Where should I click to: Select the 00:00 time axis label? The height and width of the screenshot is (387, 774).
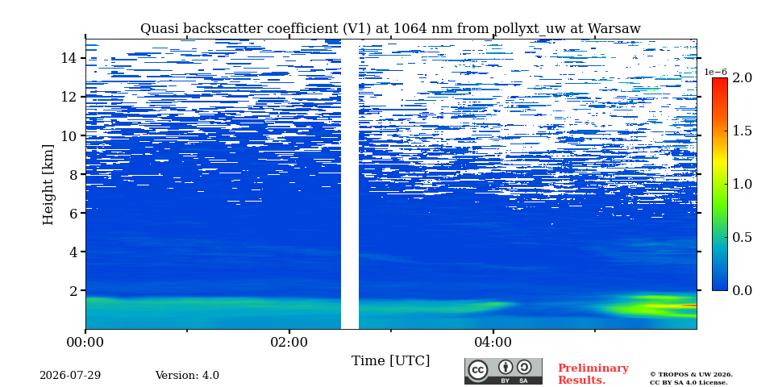coord(86,342)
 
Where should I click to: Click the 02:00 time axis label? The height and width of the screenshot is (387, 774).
coord(289,342)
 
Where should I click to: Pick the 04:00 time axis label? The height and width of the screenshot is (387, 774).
coord(493,342)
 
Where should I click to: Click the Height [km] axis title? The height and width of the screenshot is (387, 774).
coord(48,185)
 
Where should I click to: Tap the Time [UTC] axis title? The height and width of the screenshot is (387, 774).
coord(390,361)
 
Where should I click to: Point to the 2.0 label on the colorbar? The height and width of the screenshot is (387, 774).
coord(742,78)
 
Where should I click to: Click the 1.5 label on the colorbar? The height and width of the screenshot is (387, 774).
coord(742,131)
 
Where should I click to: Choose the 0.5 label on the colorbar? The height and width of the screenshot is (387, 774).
coord(742,237)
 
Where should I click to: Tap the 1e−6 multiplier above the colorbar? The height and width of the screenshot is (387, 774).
coord(715,72)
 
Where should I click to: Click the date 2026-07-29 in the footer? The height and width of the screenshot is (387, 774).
coord(70,375)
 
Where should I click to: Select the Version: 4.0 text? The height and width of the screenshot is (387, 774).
coord(187,375)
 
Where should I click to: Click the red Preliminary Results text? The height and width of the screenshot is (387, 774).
coord(593,374)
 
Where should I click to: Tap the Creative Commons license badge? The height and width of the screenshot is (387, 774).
coord(503,371)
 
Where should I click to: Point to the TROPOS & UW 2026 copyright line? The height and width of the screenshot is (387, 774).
coord(691,375)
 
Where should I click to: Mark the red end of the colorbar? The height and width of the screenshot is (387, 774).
coord(720,80)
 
